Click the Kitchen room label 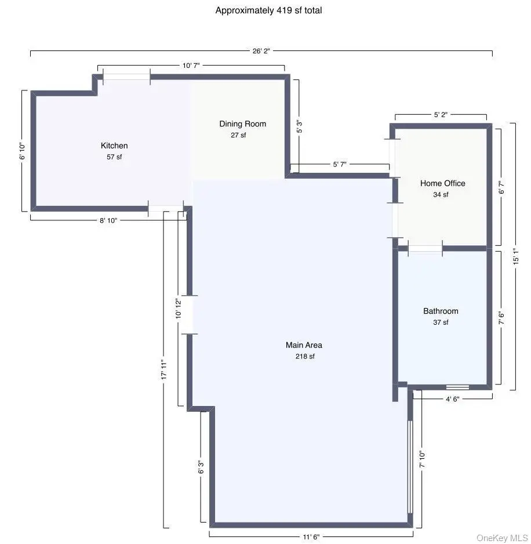pos(114,146)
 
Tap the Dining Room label pos(242,124)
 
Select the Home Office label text pos(442,183)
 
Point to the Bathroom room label pos(441,311)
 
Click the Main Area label pos(304,345)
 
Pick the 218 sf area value pos(304,357)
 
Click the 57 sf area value pos(114,157)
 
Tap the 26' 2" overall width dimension pos(260,51)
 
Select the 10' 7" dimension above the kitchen pos(191,66)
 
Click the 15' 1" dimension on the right pos(515,256)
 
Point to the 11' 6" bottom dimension pos(311,536)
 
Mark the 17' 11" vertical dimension pos(164,369)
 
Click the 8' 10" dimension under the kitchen pos(108,220)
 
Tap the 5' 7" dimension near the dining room pos(339,165)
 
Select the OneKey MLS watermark pos(502,538)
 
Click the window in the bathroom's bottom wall pos(457,387)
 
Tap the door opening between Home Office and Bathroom pos(425,248)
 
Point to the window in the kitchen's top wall pos(126,77)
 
